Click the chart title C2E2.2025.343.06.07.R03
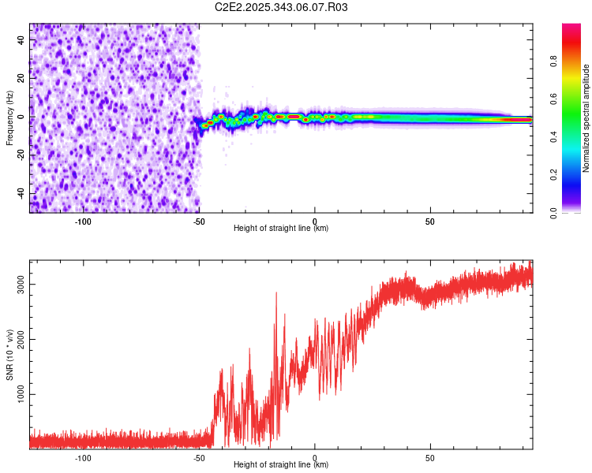(x=282, y=7)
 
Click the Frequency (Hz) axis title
(x=9, y=118)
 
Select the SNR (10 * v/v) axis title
(x=9, y=355)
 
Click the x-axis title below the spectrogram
(x=281, y=229)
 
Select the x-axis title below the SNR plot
(x=281, y=465)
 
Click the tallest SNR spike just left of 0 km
(x=276, y=293)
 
